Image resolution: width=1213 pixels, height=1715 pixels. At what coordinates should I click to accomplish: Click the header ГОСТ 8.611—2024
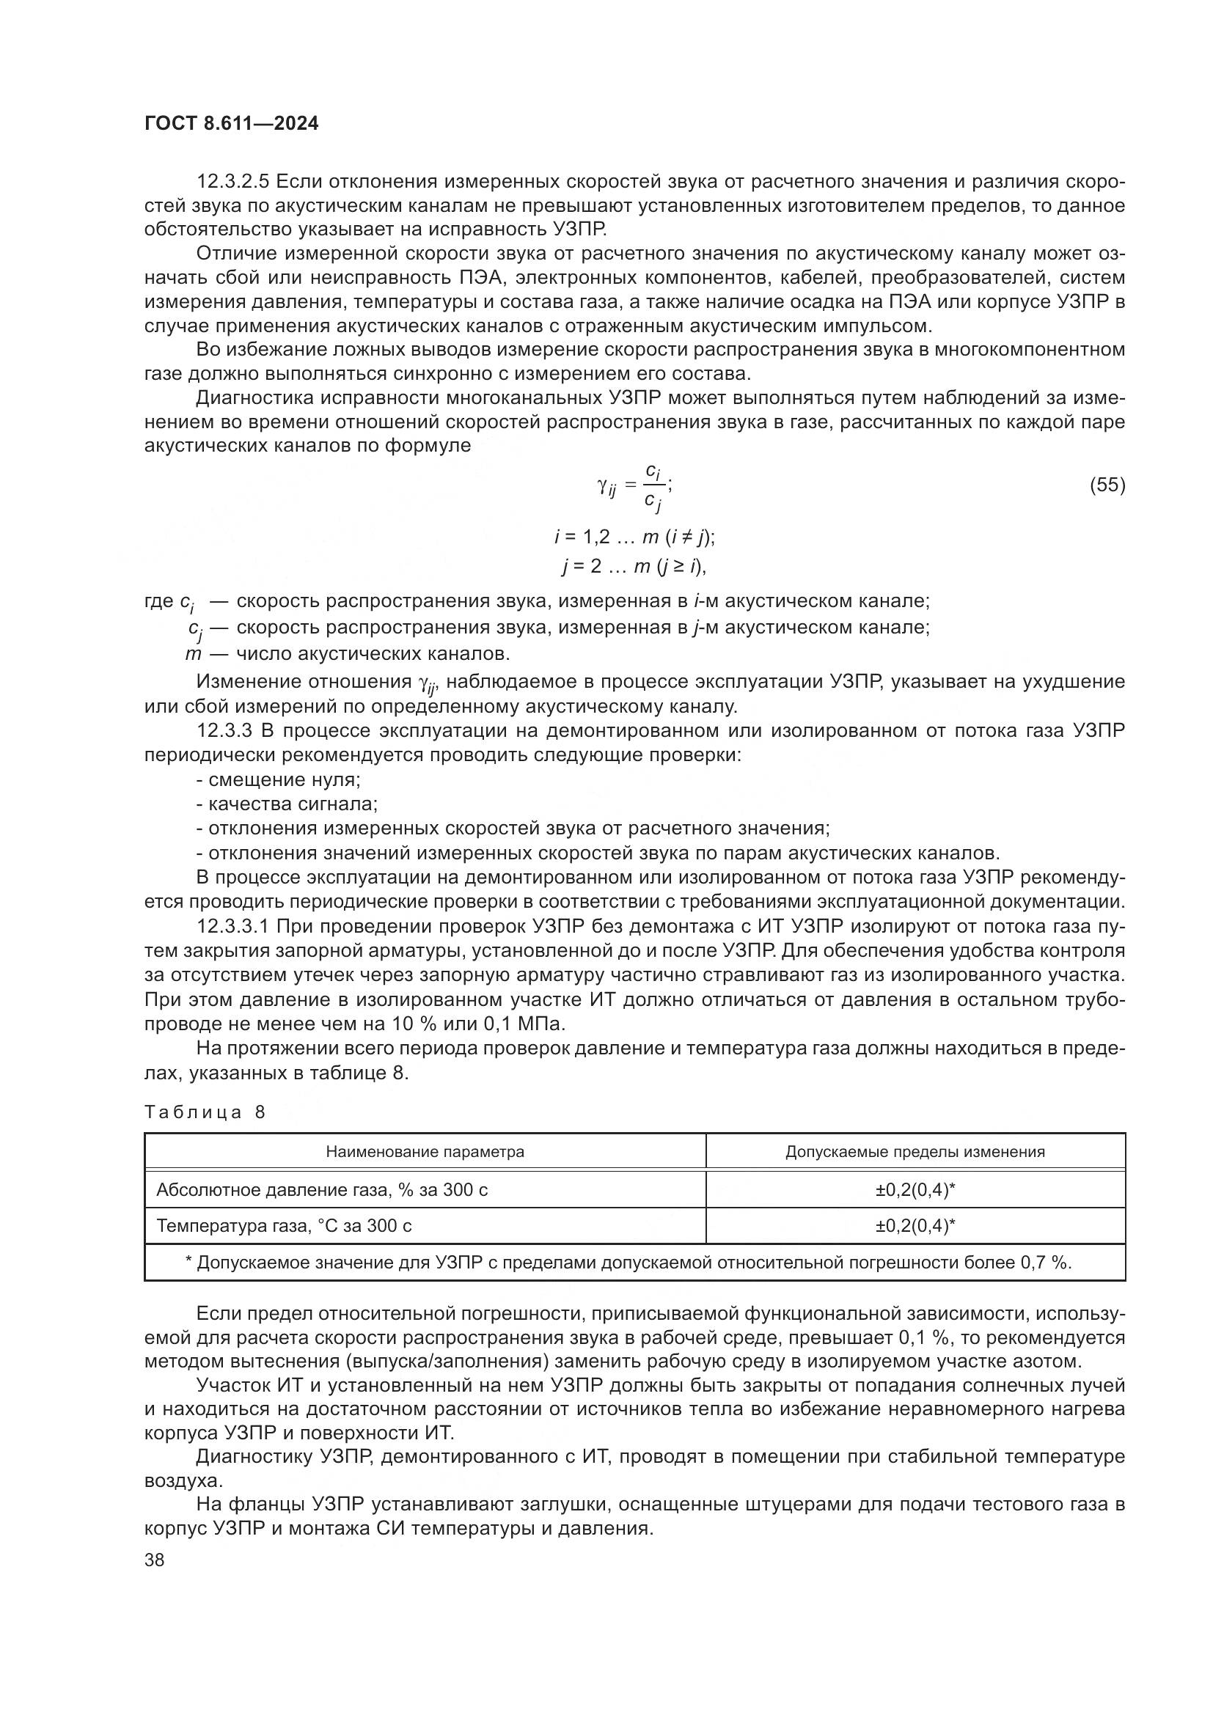point(231,123)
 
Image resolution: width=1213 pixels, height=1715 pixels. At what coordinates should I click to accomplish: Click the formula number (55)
point(1107,485)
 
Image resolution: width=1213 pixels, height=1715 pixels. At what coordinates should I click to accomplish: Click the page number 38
point(155,1560)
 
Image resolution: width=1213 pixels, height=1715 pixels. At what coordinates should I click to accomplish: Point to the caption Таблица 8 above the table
point(205,1112)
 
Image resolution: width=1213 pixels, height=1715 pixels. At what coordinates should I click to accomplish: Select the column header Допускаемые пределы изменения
point(915,1152)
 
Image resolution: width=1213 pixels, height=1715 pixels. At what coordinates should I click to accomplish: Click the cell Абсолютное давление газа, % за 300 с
point(322,1190)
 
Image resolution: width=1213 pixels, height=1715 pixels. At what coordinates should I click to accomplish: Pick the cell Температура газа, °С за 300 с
point(284,1226)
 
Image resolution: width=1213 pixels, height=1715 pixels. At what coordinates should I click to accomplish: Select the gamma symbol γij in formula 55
point(606,487)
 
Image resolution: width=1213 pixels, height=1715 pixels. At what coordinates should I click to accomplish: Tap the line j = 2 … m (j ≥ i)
point(634,567)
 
